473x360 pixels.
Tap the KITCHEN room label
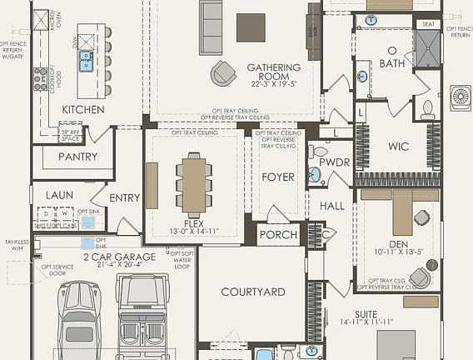[83, 109]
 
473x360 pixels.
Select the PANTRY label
[77, 157]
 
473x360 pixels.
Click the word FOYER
[278, 177]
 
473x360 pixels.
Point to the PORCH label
[278, 235]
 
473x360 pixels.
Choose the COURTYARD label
[253, 292]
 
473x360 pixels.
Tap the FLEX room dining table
[195, 184]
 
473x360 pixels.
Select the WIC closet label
[398, 147]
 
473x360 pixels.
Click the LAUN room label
[60, 195]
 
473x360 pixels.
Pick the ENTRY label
[125, 197]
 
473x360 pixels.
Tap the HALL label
[331, 205]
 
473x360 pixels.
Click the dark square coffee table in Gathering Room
[251, 27]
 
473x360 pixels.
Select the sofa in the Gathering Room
[211, 16]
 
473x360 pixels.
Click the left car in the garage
[79, 317]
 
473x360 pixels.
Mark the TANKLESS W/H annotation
[16, 244]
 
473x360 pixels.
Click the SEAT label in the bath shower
[428, 24]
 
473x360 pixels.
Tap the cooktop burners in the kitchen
[40, 78]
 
